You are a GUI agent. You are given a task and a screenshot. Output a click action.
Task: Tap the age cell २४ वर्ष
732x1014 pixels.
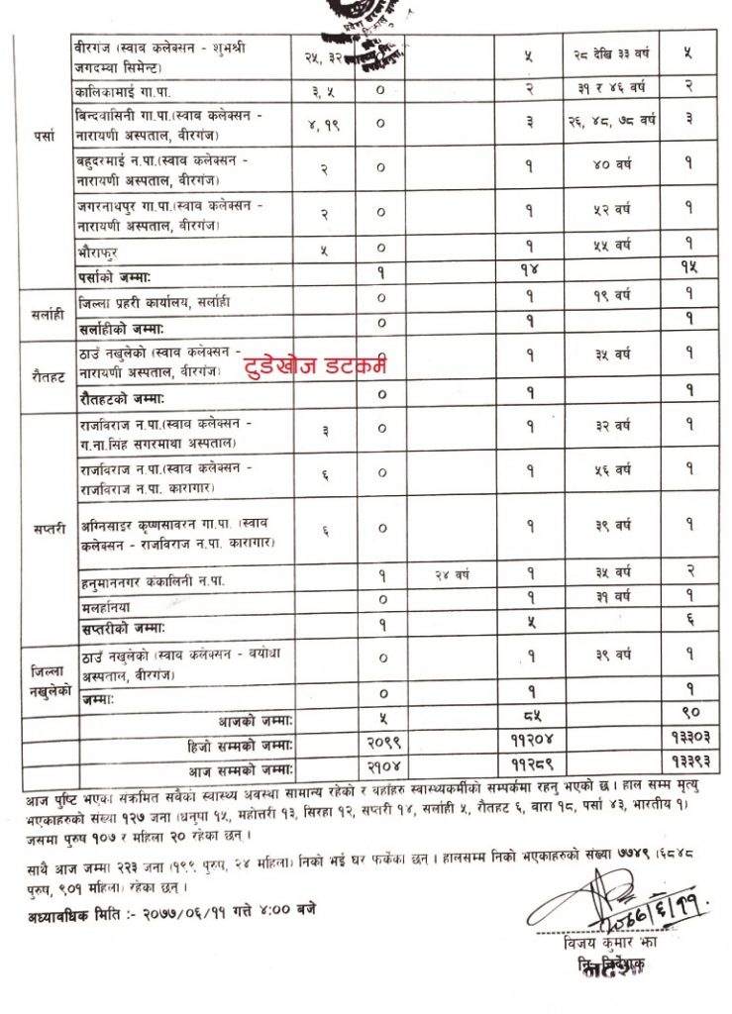(457, 574)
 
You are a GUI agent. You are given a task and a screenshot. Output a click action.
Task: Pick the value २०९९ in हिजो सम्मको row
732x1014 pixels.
(380, 741)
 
